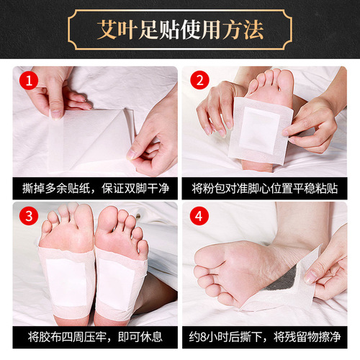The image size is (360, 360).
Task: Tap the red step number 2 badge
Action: pyautogui.click(x=197, y=81)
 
